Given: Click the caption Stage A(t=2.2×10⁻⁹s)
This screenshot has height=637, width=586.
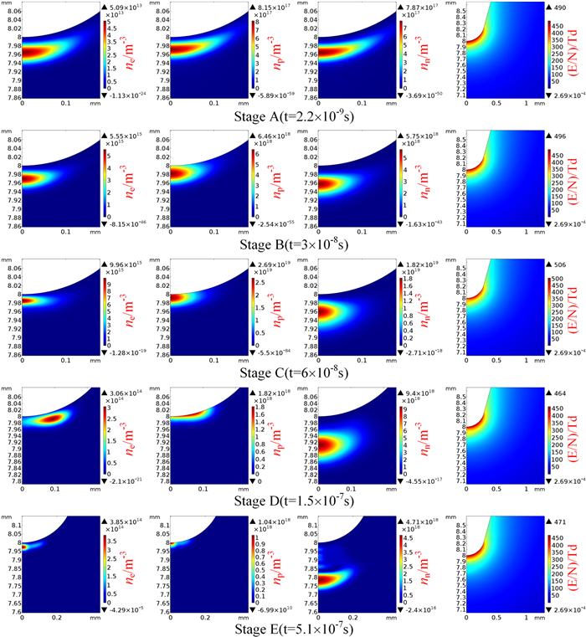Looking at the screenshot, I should [x=292, y=112].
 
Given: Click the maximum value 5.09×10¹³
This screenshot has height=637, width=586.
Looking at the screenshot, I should [x=125, y=6].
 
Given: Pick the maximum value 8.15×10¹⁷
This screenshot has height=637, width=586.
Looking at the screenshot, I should [x=273, y=6].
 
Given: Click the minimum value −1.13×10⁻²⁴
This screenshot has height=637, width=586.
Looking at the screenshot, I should [x=126, y=95].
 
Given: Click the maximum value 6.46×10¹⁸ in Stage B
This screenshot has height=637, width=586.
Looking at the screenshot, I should [x=273, y=134].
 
